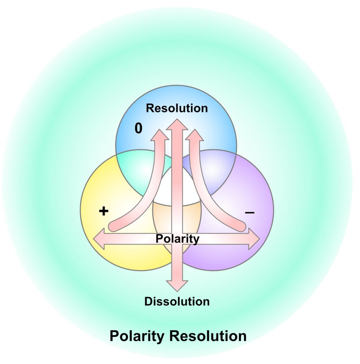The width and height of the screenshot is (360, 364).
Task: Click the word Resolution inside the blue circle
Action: pyautogui.click(x=177, y=108)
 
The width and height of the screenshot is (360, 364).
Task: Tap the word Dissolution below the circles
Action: pyautogui.click(x=177, y=301)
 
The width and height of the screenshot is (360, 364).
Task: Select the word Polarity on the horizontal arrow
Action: pyautogui.click(x=177, y=239)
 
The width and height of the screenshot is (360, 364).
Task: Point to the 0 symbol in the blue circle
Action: pyautogui.click(x=138, y=129)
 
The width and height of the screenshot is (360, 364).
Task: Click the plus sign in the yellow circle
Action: pyautogui.click(x=103, y=212)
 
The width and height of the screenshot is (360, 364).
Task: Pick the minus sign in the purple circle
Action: pyautogui.click(x=250, y=212)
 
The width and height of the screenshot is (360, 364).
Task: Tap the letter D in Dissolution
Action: pyautogui.click(x=148, y=301)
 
